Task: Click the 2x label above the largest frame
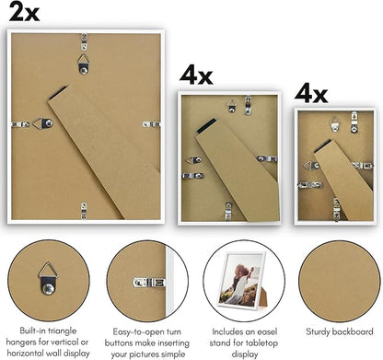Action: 24,13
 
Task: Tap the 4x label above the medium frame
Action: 196,75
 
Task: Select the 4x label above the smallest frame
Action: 311,93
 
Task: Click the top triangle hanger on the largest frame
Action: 83,64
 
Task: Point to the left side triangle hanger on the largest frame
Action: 42,123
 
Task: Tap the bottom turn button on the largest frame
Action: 84,211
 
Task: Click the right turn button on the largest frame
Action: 151,124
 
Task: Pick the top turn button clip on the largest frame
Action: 84,42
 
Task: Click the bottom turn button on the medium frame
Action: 228,212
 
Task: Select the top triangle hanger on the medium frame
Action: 232,105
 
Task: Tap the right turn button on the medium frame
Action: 267,158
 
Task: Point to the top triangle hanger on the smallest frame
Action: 335,124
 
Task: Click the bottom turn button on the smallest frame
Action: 337,209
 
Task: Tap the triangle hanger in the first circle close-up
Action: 48,278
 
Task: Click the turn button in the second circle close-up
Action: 149,283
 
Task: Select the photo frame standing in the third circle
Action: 243,280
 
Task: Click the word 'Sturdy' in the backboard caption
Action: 318,331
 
